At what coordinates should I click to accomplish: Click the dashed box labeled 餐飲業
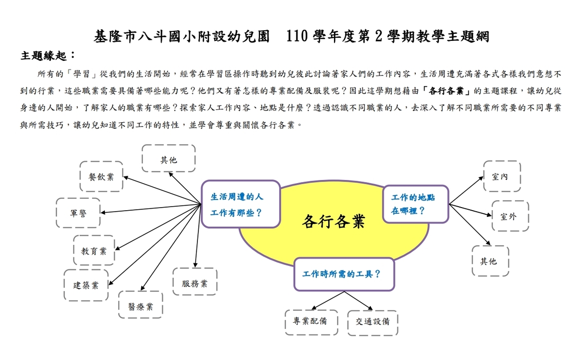coord(101,176)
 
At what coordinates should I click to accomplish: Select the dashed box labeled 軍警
coord(78,213)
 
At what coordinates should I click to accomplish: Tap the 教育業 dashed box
coord(94,250)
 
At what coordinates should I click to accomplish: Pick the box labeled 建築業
coord(86,285)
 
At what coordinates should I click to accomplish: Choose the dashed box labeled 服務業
coord(195,282)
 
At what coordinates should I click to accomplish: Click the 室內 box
coord(502,176)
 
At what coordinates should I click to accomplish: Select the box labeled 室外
coord(510,216)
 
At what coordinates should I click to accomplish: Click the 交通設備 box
coord(372,323)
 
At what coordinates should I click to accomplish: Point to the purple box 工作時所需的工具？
coord(344,275)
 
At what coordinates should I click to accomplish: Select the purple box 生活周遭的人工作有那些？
coord(240,204)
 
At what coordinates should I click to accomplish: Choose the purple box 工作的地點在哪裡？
coord(416,204)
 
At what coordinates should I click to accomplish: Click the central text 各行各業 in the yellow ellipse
coord(333,221)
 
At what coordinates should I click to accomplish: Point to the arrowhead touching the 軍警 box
coord(103,212)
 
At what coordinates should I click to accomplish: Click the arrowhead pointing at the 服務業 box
coord(195,265)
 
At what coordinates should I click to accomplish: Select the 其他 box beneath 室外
coord(490,261)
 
